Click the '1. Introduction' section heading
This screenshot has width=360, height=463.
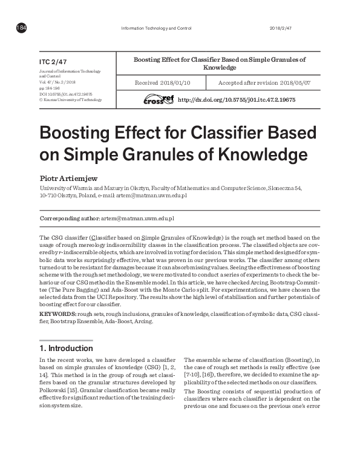point(66,348)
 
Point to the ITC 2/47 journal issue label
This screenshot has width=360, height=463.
point(53,62)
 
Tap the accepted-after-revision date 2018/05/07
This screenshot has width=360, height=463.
point(293,83)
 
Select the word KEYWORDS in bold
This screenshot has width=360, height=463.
point(57,315)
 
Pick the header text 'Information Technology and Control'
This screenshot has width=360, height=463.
point(157,28)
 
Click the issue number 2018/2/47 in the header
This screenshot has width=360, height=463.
point(280,28)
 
